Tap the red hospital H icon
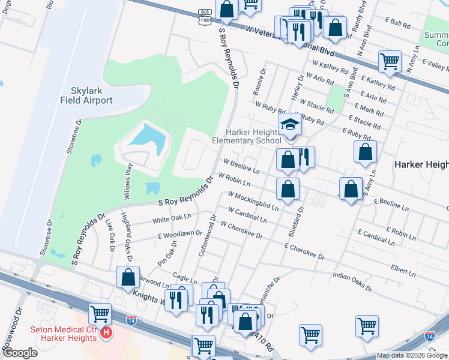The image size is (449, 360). (x=106, y=332)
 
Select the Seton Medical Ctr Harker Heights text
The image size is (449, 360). (x=64, y=334)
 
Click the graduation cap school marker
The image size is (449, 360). (x=289, y=125)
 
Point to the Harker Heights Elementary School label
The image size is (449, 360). (x=246, y=136)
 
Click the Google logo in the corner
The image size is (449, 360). (x=19, y=353)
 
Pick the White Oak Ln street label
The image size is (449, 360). (x=172, y=218)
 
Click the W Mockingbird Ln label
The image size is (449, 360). (x=253, y=200)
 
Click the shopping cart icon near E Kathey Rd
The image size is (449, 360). (x=390, y=61)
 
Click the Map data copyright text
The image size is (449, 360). (x=412, y=355)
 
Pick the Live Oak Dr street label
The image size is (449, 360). (x=110, y=234)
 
